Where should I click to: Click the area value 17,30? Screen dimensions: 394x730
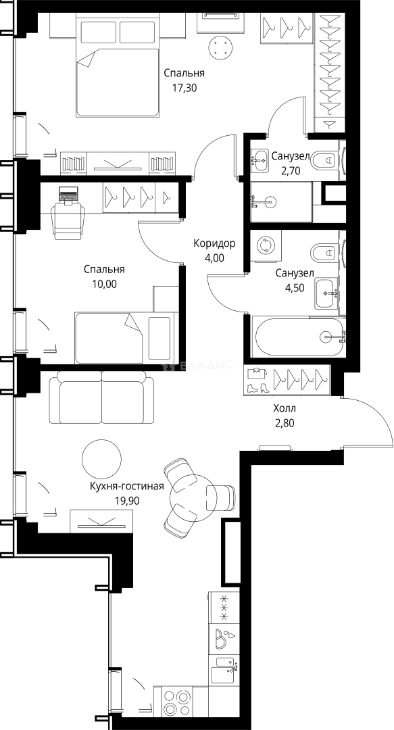click(184, 87)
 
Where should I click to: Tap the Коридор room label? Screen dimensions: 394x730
click(214, 243)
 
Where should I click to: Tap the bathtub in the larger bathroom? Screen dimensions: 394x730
click(299, 336)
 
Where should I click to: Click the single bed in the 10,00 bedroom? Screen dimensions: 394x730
click(124, 338)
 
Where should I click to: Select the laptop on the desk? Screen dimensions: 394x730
click(68, 194)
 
